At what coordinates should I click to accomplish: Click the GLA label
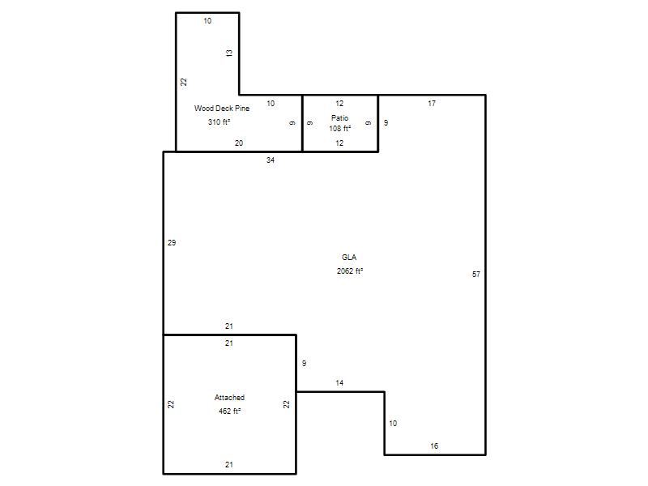349,257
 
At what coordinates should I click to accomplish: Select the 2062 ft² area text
350,271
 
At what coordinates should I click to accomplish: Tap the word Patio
339,117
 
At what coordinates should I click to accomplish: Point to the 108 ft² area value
339,129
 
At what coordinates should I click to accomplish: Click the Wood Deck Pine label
222,109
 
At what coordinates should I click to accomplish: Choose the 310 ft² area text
219,122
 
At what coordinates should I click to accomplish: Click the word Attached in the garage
229,398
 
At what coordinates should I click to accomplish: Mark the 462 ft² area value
230,411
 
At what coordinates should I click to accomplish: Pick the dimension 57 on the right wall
476,274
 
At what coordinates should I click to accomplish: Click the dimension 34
271,160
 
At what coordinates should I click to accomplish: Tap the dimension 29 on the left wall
172,242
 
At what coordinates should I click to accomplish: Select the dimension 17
432,104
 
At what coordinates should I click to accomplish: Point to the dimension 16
434,446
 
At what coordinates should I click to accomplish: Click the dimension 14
339,383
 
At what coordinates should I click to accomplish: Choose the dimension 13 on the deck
229,53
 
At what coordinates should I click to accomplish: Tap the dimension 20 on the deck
239,143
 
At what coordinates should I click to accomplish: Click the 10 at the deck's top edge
207,21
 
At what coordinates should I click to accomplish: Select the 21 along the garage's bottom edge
229,464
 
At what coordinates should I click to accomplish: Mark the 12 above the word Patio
339,104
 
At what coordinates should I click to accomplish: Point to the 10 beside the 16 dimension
393,423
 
